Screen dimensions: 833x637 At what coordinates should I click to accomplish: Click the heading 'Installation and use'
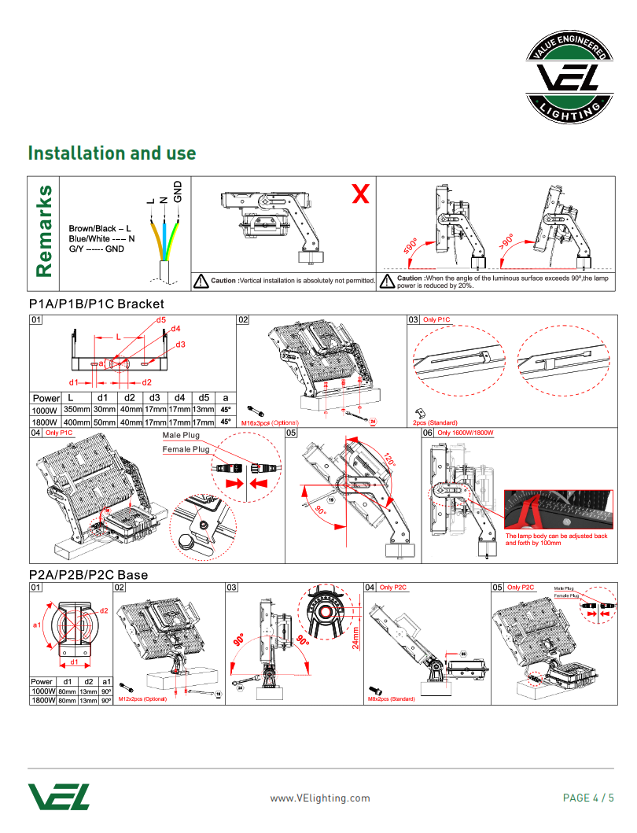(112, 153)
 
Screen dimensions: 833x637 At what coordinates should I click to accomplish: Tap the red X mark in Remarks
(360, 194)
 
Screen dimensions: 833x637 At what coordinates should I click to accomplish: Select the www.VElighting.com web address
(319, 798)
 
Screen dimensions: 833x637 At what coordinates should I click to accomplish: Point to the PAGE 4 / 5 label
(588, 798)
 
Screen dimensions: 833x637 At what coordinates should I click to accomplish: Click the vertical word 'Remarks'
(45, 231)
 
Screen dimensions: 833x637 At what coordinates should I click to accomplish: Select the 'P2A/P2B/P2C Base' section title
(88, 575)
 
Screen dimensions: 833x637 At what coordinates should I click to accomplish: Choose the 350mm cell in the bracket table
(76, 410)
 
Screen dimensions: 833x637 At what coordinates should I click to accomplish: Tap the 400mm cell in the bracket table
(76, 422)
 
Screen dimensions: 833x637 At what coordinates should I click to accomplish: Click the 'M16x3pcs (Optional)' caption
(269, 423)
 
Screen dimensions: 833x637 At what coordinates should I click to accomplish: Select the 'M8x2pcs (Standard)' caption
(391, 698)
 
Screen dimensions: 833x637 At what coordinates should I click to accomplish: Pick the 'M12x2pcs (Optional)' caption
(142, 698)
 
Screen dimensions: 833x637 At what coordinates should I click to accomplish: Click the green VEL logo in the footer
(59, 796)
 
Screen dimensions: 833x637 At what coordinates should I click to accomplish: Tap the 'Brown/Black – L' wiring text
(100, 228)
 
